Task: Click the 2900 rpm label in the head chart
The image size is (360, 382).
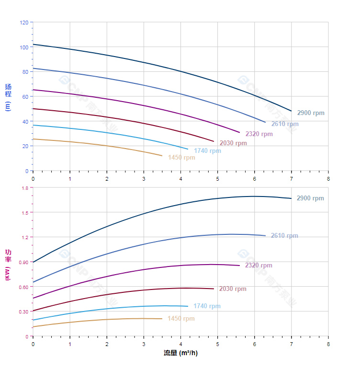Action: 310,113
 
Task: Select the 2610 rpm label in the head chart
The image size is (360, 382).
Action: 284,124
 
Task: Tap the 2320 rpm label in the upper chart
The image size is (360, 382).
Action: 259,134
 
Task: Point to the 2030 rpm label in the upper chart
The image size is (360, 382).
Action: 233,143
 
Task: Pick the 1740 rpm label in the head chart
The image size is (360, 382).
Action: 207,151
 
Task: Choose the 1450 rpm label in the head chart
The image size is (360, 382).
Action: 181,158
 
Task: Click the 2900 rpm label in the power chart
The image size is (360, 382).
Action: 310,198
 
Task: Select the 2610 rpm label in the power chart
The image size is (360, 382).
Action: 284,236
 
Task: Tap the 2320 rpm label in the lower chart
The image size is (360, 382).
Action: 258,266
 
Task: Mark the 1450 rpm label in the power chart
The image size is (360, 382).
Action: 181,319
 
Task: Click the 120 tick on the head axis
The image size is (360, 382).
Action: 24,23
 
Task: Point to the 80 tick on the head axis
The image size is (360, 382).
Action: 25,72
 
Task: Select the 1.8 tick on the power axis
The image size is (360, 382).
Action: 24,188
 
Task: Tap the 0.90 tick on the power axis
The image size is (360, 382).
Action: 23,262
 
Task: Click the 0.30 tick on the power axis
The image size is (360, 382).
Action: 23,312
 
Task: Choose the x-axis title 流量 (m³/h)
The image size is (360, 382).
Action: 180,353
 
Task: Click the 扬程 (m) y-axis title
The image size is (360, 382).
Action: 8,97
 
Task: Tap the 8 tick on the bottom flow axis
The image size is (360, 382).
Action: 328,344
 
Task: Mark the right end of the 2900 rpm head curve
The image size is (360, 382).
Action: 291,111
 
